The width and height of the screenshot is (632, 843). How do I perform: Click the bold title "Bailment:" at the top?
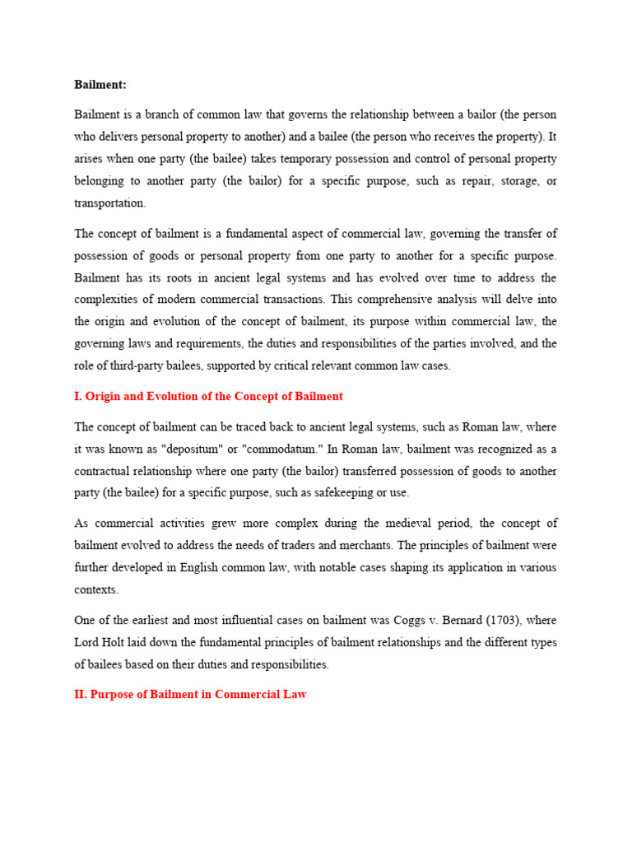(x=100, y=84)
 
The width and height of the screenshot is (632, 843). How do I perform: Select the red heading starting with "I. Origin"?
(x=208, y=396)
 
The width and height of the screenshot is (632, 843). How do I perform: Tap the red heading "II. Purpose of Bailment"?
(x=190, y=694)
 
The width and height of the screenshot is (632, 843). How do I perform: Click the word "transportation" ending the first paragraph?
(x=109, y=203)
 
